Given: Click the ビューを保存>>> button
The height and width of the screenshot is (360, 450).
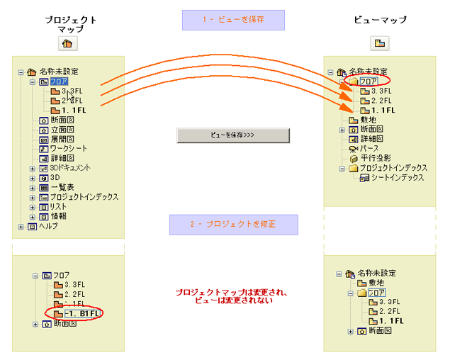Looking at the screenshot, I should (x=232, y=135).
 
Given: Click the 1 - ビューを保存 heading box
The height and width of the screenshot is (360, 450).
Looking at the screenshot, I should (x=233, y=20).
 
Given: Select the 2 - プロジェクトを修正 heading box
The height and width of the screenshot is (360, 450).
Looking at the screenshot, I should (x=233, y=225).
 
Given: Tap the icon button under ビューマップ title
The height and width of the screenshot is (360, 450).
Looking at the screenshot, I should (x=380, y=43).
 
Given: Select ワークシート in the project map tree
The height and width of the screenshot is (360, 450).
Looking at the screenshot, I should (x=68, y=148).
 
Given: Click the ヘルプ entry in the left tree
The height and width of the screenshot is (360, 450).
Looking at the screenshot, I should (x=48, y=226).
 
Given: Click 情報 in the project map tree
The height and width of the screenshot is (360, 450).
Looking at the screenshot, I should (x=58, y=216).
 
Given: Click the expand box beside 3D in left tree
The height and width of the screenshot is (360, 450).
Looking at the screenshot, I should (x=32, y=178).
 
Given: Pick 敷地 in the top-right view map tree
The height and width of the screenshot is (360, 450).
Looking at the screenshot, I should (x=368, y=120).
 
